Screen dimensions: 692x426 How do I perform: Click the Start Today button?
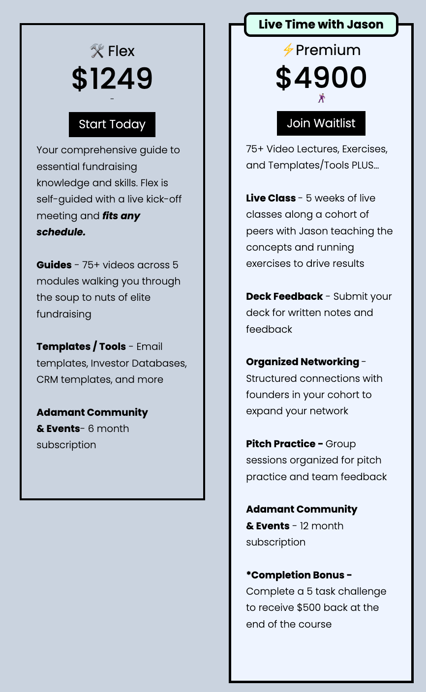(x=112, y=124)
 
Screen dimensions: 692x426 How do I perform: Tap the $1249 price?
(x=112, y=79)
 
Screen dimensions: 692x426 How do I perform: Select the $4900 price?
(x=321, y=78)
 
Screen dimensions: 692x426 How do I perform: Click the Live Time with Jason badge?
(x=321, y=25)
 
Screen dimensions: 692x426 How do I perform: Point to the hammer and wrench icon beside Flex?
(x=97, y=51)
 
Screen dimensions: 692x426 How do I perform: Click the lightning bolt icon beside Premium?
(x=288, y=50)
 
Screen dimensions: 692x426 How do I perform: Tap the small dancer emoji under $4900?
(x=321, y=98)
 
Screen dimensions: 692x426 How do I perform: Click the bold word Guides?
(x=54, y=265)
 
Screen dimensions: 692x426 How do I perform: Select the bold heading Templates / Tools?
(x=81, y=346)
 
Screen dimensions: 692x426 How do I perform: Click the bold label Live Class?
(x=271, y=198)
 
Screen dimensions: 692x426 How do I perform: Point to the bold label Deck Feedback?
(x=284, y=296)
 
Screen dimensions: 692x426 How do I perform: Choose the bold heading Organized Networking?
(x=303, y=362)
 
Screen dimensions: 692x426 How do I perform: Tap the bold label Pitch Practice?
(x=284, y=444)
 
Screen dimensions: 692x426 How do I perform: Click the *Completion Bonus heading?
(x=299, y=575)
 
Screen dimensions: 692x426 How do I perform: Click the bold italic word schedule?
(x=61, y=232)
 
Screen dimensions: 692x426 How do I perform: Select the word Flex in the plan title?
(x=121, y=51)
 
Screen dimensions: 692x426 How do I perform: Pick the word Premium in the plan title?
(x=328, y=50)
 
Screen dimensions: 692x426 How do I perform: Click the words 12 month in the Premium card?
(x=322, y=526)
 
